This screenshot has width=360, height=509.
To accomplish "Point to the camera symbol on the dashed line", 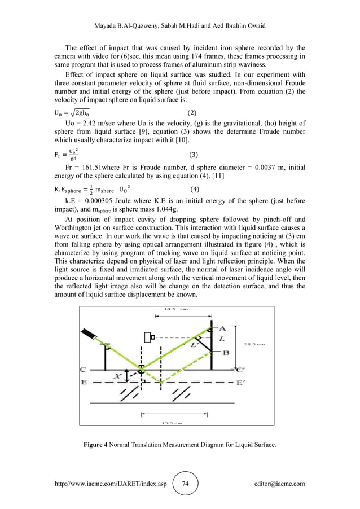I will [150, 337].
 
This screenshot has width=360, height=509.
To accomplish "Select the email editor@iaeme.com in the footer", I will [279, 484].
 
